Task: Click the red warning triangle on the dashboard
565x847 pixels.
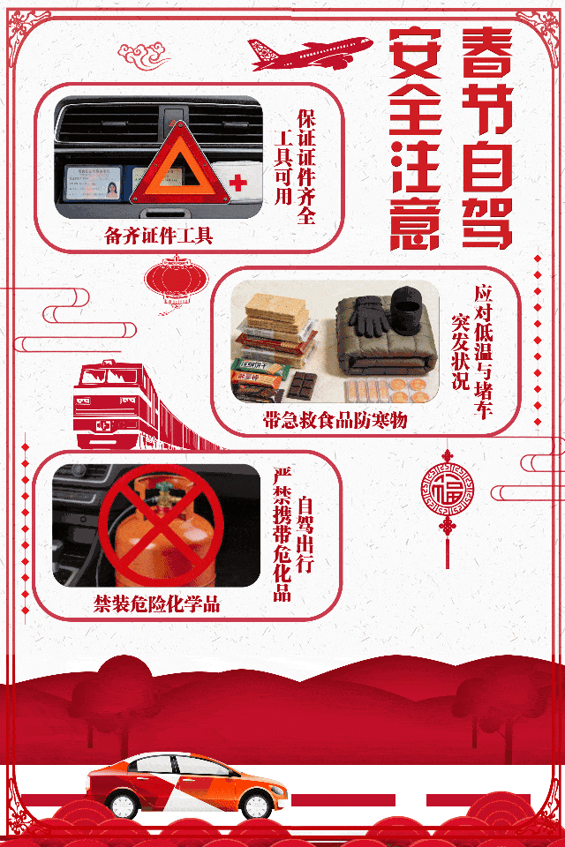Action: (x=181, y=167)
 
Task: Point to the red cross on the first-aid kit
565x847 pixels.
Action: (x=237, y=183)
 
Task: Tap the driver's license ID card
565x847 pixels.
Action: (x=93, y=182)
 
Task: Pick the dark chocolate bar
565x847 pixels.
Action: (x=301, y=386)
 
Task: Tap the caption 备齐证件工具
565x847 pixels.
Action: (x=158, y=236)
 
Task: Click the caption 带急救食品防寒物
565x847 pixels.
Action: (x=335, y=420)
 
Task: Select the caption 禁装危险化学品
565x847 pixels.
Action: (x=157, y=603)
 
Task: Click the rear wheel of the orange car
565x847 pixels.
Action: (x=123, y=805)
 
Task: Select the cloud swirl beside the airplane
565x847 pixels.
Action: (x=143, y=56)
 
